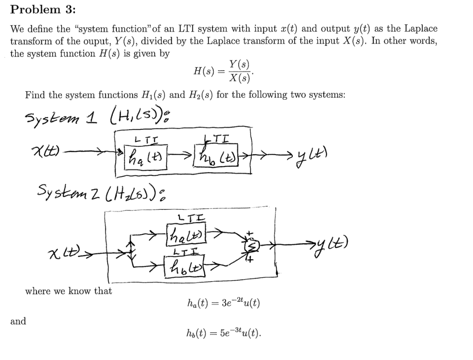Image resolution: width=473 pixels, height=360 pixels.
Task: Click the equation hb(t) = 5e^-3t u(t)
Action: click(224, 331)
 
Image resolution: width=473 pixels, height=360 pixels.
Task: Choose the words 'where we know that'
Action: click(68, 291)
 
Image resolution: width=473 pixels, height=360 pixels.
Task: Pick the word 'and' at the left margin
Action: click(18, 321)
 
